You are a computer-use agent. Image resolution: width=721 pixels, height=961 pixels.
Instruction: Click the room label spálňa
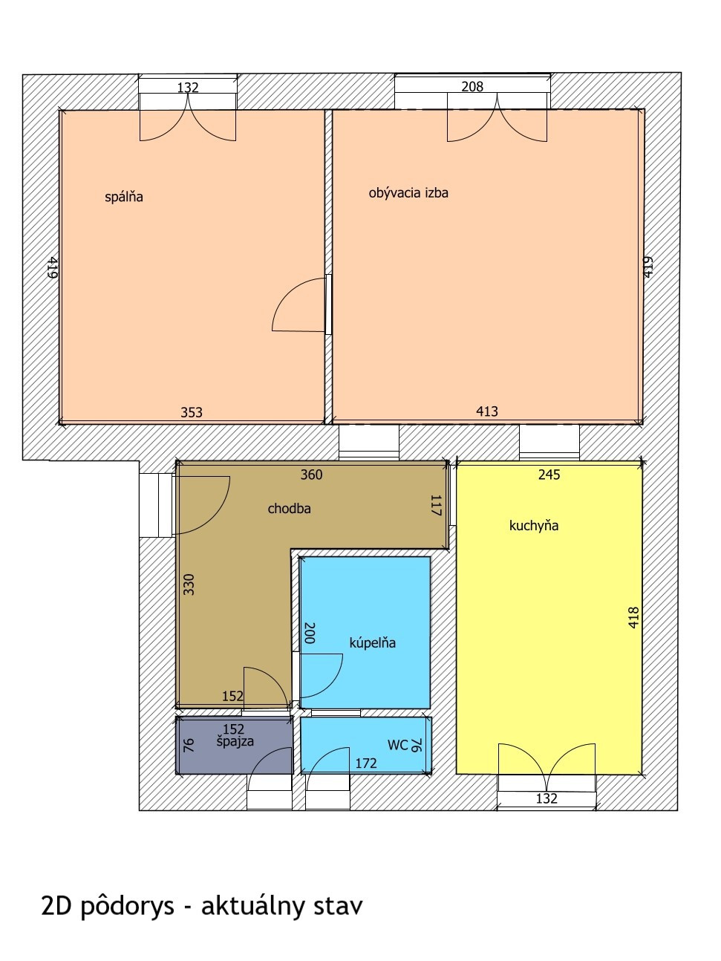124,197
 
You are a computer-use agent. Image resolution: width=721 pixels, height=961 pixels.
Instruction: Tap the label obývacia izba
408,192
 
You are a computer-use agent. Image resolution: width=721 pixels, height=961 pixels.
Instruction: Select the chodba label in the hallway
290,508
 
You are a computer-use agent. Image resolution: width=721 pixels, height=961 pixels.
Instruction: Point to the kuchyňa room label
534,525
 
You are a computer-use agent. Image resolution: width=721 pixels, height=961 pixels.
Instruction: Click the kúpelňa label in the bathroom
373,642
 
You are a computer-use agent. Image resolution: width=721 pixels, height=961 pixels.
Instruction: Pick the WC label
397,745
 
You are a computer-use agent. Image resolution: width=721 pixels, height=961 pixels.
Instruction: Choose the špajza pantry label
235,742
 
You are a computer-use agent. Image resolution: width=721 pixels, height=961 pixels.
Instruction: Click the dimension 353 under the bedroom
192,412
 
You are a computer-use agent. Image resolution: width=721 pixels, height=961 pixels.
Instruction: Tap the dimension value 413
487,411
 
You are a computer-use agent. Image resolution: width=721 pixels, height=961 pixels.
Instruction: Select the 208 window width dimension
472,87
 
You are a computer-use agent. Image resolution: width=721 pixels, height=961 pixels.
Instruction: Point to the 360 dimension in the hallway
311,475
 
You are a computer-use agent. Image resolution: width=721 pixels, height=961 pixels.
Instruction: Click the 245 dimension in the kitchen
549,475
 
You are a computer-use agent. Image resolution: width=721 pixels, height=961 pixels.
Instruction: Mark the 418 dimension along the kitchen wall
633,618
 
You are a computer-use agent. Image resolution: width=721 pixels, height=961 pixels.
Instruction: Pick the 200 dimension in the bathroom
309,633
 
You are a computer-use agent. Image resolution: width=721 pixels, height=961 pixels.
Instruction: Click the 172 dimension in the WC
366,763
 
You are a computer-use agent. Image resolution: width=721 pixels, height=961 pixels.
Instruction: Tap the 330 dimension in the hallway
189,584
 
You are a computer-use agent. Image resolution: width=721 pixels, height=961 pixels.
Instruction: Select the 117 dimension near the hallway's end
436,505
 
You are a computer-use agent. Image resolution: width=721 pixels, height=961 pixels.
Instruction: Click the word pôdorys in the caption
128,905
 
